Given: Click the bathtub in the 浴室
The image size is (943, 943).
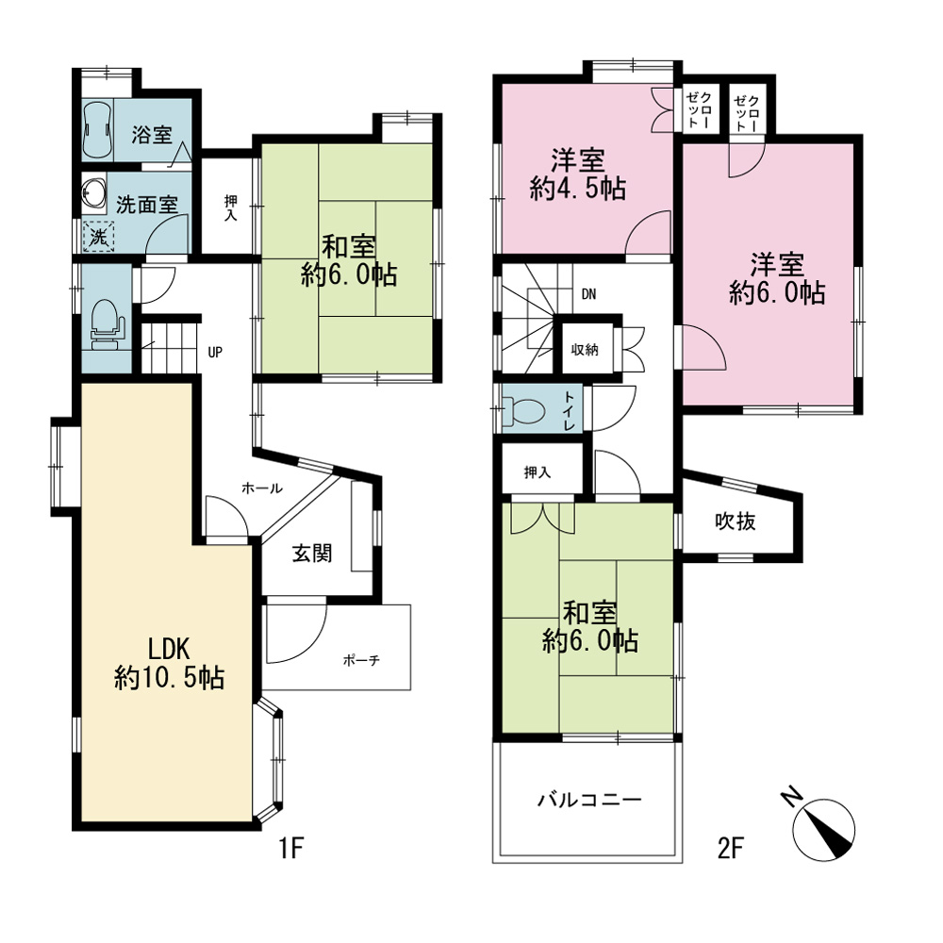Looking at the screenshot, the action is tap(97, 130).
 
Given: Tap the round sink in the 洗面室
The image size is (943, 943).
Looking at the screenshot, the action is tap(93, 191).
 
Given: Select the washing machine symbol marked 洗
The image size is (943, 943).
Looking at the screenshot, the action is tap(98, 237).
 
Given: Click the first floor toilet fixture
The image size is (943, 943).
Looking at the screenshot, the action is tap(106, 324).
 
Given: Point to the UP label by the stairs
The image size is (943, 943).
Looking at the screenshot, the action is tap(215, 353).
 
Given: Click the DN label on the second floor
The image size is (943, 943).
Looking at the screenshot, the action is tap(588, 294).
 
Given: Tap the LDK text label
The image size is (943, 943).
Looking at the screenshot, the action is tap(169, 650).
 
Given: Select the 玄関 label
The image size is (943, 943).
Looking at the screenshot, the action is tap(312, 554).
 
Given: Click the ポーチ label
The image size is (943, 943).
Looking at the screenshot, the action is tap(361, 660).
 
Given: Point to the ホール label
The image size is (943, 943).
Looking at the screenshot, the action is tap(261, 488).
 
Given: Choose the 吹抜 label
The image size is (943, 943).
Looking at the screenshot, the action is tap(735, 521).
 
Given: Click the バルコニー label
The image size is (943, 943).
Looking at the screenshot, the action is tap(589, 800).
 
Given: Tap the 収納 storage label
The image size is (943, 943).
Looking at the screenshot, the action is tap(585, 350).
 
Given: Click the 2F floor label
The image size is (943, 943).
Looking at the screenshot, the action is tap(731, 849).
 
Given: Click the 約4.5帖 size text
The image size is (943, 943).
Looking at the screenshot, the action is tap(578, 189).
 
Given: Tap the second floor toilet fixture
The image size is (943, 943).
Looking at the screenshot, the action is tap(523, 411).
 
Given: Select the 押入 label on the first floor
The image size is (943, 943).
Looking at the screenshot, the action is tap(230, 207).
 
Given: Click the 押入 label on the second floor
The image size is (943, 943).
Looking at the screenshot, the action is tap(538, 472).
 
